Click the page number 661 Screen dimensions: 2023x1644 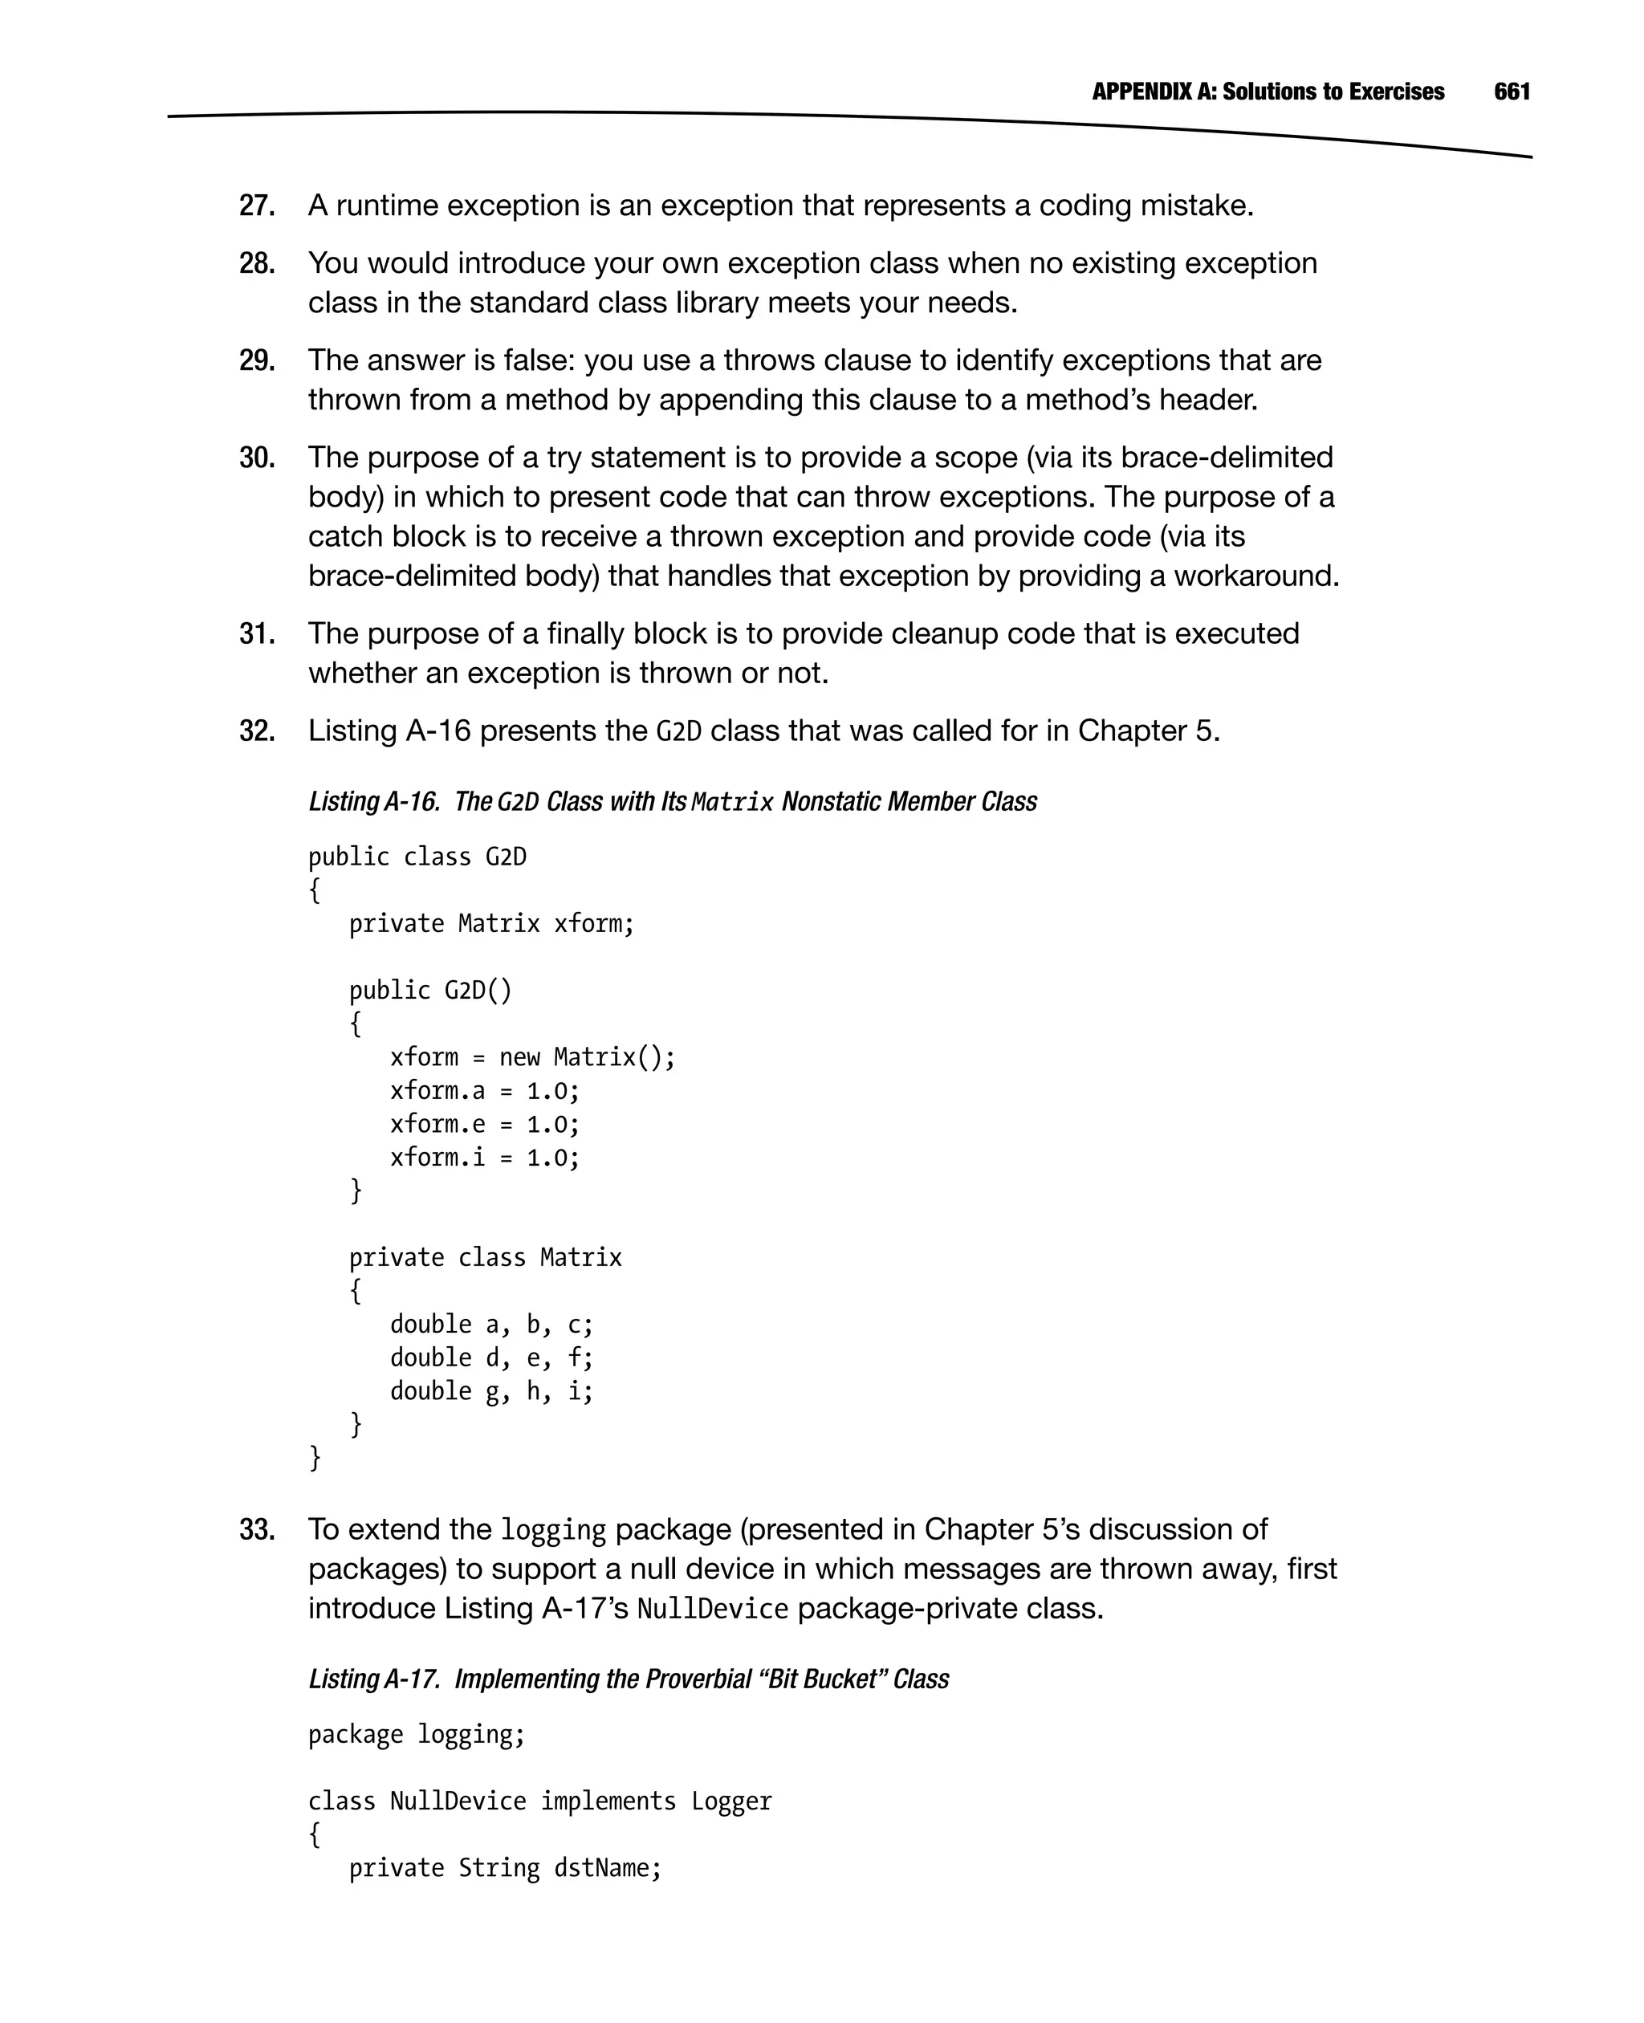[x=1512, y=92]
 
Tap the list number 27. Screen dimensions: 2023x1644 [x=257, y=206]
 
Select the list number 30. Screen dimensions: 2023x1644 [x=257, y=458]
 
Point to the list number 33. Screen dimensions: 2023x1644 [x=257, y=1529]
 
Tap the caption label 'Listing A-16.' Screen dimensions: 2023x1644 [x=375, y=801]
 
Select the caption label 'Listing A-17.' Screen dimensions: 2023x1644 [x=375, y=1679]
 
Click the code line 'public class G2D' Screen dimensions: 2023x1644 [x=417, y=857]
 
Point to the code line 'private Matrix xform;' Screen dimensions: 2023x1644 [x=490, y=923]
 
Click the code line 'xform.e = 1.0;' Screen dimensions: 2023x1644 [x=484, y=1124]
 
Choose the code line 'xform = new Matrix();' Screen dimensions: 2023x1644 [x=532, y=1057]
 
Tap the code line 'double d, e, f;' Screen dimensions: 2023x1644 [x=490, y=1358]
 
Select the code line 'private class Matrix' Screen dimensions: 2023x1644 [x=485, y=1258]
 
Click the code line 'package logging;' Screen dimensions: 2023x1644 [x=416, y=1735]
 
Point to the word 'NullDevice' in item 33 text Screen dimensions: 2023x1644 [x=712, y=1609]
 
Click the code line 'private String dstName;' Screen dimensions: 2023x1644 [x=505, y=1869]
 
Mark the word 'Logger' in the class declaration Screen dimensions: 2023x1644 [x=731, y=1801]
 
